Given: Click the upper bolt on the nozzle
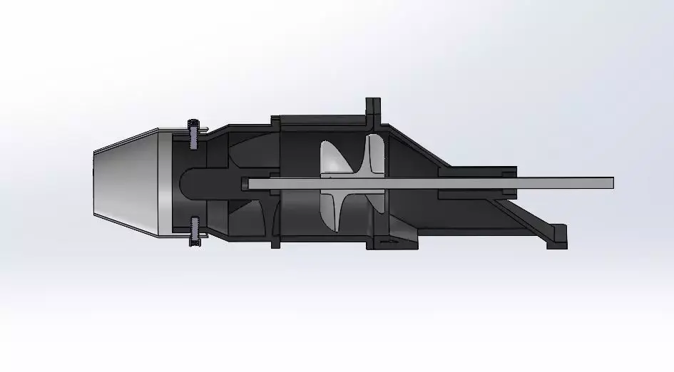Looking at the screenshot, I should click(x=193, y=134).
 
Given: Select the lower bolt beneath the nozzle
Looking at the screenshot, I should click(x=193, y=231).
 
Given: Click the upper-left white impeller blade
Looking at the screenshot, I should click(x=330, y=157).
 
